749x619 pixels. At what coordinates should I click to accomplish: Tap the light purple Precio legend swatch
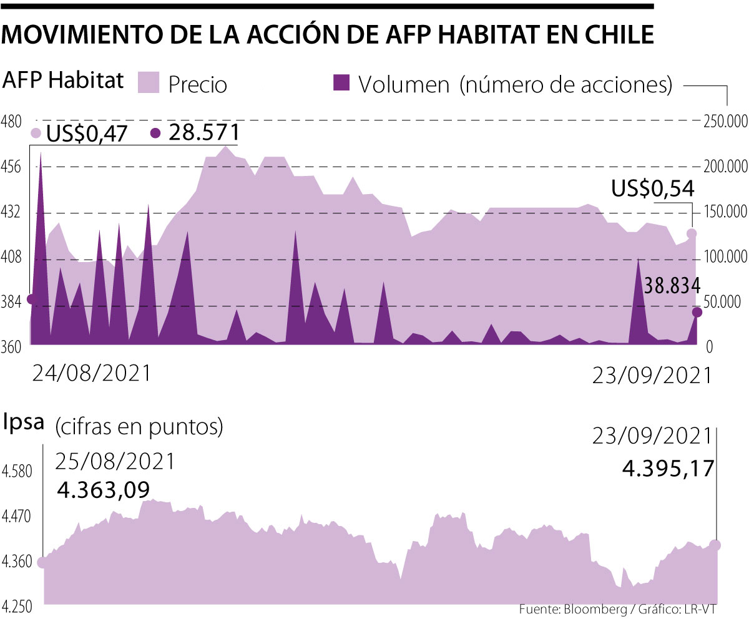(x=150, y=82)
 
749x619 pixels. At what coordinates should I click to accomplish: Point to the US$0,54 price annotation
(x=652, y=188)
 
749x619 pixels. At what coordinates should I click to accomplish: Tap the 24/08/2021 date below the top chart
(x=91, y=373)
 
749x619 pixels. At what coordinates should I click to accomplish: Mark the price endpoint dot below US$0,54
(x=692, y=234)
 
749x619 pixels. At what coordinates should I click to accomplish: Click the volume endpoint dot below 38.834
(x=697, y=312)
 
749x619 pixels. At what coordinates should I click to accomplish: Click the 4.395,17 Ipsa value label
(x=668, y=467)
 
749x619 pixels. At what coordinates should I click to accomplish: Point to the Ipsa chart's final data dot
(x=715, y=545)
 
